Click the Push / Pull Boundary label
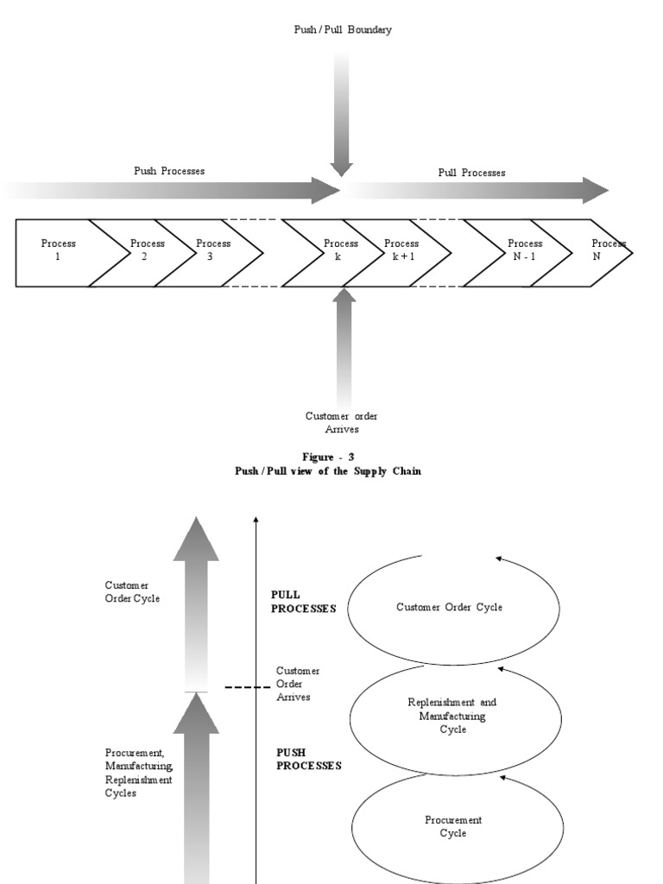click(343, 30)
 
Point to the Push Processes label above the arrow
click(169, 171)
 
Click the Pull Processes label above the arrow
click(471, 173)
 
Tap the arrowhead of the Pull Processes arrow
click(596, 190)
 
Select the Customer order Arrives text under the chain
click(342, 422)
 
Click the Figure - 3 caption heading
click(328, 457)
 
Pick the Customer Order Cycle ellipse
click(449, 608)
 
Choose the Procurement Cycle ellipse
click(453, 826)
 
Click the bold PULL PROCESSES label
click(303, 602)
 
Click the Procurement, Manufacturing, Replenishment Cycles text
click(139, 773)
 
